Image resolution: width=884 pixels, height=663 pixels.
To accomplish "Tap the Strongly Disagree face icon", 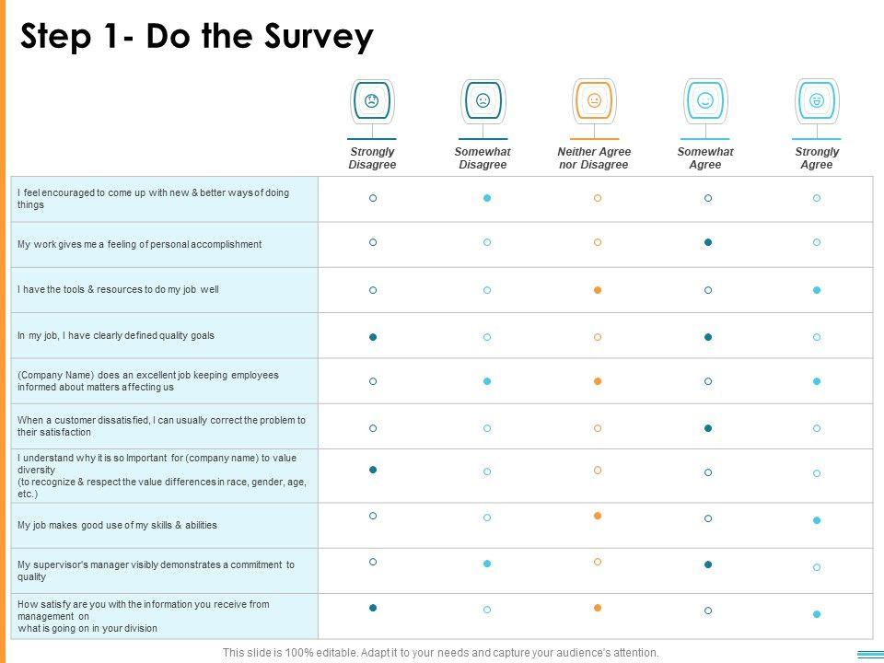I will (x=372, y=100).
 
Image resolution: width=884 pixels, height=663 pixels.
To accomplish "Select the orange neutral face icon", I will (x=594, y=100).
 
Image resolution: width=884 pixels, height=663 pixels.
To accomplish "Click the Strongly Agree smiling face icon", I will (x=816, y=100).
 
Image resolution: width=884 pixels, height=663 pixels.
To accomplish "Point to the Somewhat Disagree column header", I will (x=483, y=158).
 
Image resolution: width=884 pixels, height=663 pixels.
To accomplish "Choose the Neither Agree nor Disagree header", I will (x=594, y=158).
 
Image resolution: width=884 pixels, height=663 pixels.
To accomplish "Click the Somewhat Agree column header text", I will (x=705, y=158).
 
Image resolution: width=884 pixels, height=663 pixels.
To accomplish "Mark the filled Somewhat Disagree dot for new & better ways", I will (x=487, y=198).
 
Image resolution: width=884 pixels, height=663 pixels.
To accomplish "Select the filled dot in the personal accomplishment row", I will (x=708, y=243).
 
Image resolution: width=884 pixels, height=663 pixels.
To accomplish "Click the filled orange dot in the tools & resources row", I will (x=598, y=290).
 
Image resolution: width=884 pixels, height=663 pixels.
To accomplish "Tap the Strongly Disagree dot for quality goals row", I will (x=373, y=337).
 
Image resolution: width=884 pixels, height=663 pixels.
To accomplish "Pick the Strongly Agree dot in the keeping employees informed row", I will (x=817, y=381).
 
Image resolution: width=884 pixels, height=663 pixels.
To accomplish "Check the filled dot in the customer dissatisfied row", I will (x=708, y=428).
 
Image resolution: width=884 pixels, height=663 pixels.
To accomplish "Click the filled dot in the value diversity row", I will (x=373, y=470).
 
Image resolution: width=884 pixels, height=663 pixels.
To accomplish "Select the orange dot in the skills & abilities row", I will (x=598, y=516).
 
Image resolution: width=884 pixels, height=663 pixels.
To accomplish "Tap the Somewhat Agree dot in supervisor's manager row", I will (x=708, y=564).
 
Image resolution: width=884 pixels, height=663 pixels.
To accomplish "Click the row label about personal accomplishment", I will (x=140, y=244).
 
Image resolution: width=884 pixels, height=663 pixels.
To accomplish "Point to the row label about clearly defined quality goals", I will (x=116, y=335).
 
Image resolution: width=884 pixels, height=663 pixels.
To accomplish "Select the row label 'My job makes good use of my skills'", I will (x=118, y=525).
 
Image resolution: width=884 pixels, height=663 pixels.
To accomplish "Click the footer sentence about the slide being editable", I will (x=441, y=653).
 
